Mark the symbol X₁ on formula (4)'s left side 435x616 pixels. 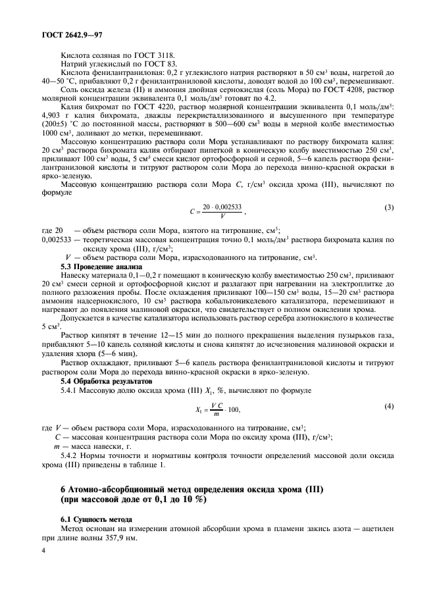point(200,409)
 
